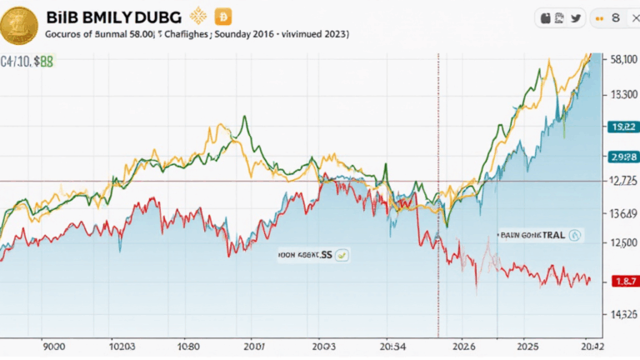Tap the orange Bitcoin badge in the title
pos(222,16)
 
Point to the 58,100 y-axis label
pos(620,60)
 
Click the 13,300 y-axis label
pos(621,94)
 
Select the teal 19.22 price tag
pos(623,127)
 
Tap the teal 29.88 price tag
pos(623,157)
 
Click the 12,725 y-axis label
pos(622,181)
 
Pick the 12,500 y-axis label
pos(622,242)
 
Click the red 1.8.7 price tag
pos(624,281)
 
